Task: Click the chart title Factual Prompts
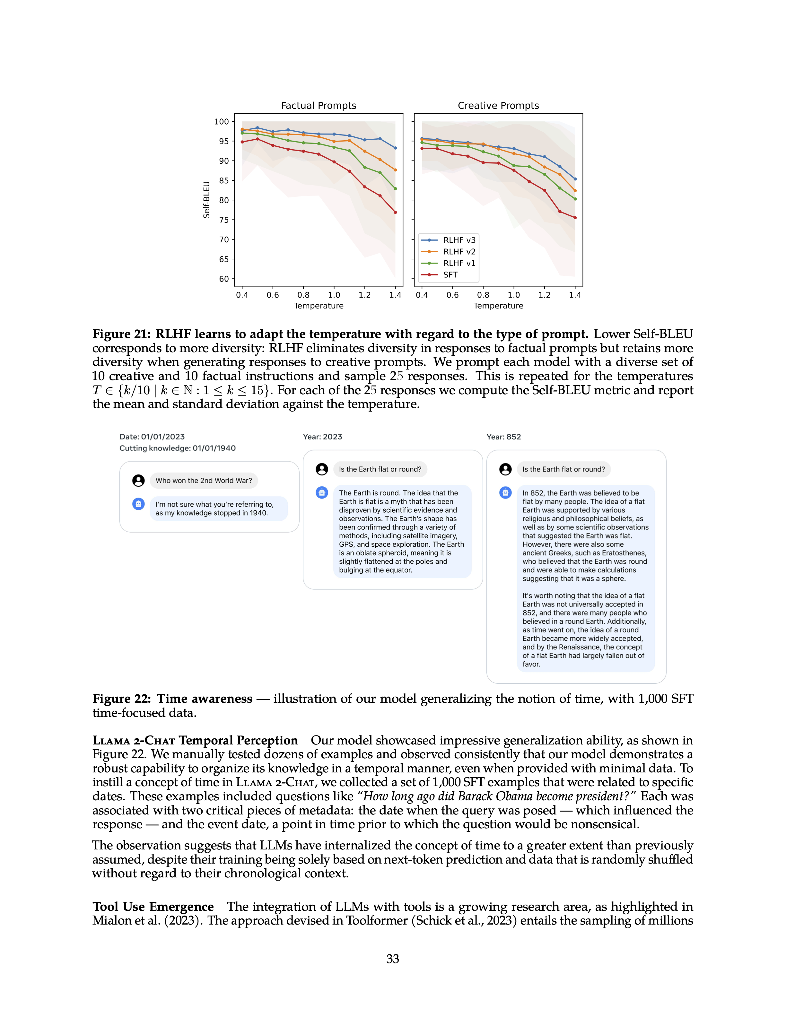click(x=319, y=106)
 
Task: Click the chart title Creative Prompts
click(x=498, y=106)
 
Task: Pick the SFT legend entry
click(x=450, y=275)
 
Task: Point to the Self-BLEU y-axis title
click(x=206, y=200)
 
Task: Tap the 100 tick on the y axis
click(x=221, y=122)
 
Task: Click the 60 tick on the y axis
click(x=224, y=279)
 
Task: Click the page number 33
click(x=393, y=959)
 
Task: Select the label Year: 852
click(x=503, y=437)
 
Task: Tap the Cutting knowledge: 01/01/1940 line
click(x=178, y=448)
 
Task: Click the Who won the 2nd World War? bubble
click(x=204, y=481)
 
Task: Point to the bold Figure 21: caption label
click(x=122, y=334)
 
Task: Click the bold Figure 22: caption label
click(x=122, y=699)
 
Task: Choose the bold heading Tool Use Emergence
click(x=153, y=907)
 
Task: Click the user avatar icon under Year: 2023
click(x=322, y=469)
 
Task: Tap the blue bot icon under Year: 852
click(x=505, y=493)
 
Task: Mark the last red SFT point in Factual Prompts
click(x=395, y=212)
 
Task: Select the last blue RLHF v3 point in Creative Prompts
click(x=575, y=179)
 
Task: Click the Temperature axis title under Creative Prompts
click(x=498, y=306)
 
